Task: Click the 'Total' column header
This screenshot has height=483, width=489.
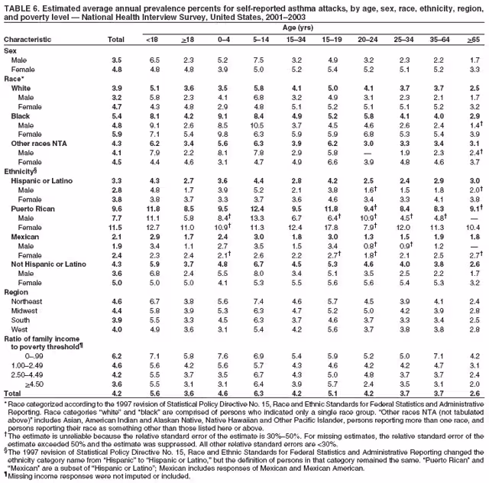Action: coord(116,39)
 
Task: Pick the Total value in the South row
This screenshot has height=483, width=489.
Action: coord(116,321)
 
